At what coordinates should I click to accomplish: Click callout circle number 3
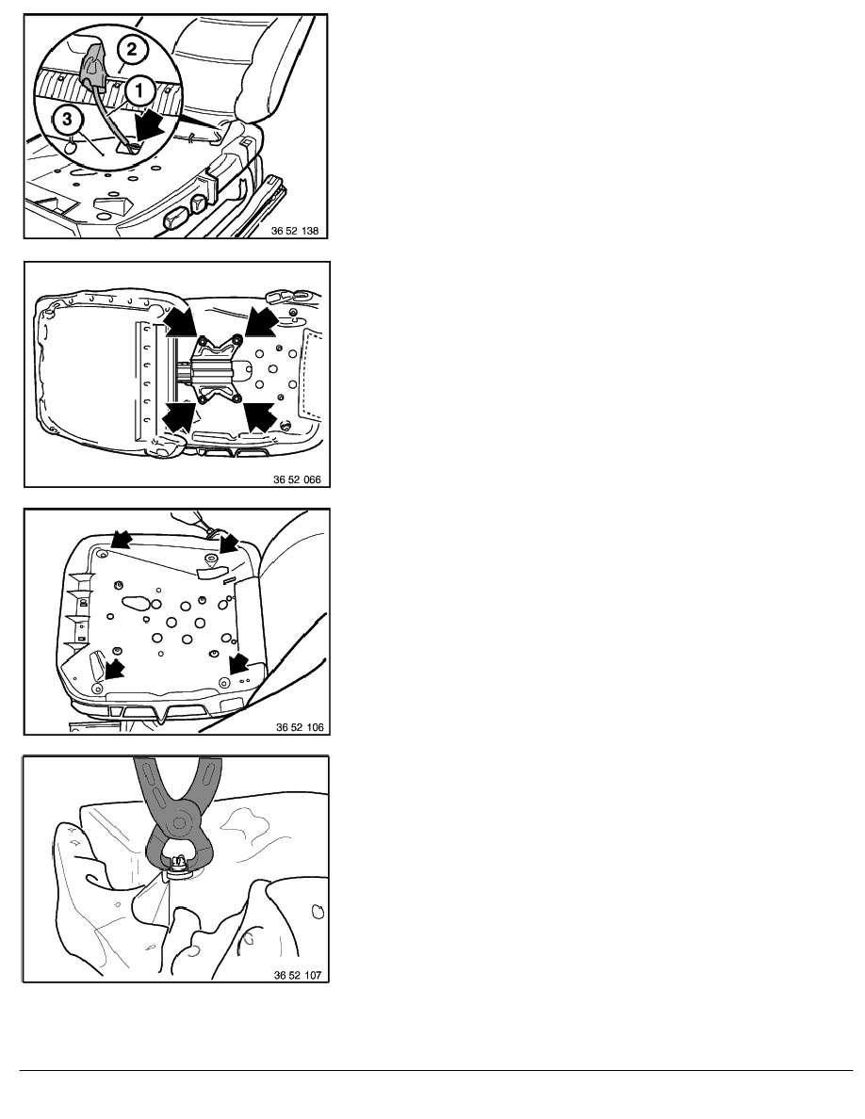(x=68, y=119)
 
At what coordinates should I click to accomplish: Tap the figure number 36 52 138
(x=295, y=231)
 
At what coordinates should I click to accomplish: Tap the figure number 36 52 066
(x=297, y=479)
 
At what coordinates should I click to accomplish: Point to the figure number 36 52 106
(x=300, y=727)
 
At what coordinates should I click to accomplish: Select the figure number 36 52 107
(x=298, y=975)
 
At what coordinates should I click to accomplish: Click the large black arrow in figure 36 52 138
(x=155, y=127)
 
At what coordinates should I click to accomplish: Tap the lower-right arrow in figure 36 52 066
(x=260, y=416)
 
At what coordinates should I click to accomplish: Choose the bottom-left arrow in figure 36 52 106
(x=114, y=669)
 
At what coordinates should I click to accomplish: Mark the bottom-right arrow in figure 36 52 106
(x=237, y=663)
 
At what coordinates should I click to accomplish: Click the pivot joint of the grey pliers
(x=178, y=824)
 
